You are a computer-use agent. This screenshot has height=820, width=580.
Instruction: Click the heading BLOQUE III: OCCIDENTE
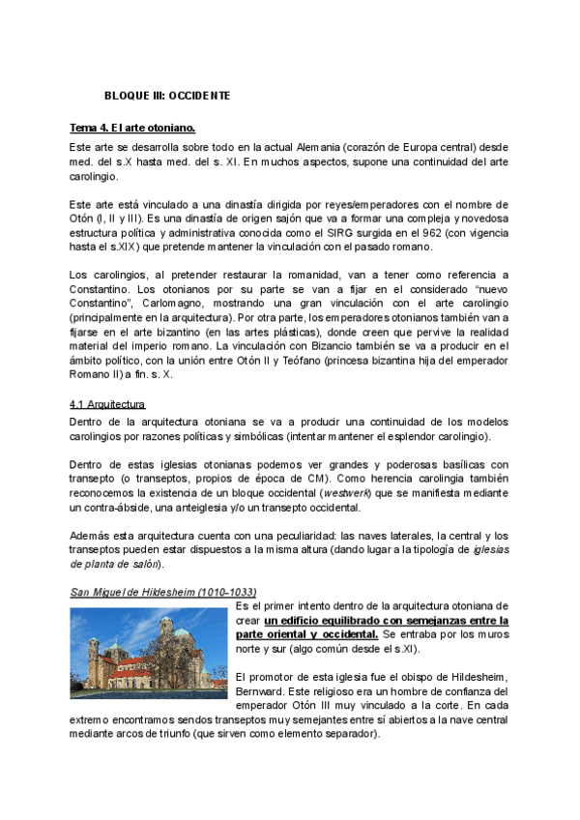click(167, 96)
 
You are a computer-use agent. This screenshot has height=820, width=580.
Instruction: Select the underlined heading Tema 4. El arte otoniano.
click(132, 128)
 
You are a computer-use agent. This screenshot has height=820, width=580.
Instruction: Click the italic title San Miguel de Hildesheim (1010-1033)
click(163, 591)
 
